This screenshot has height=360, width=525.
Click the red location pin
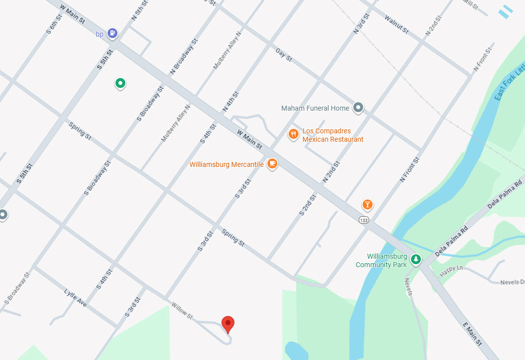click(x=227, y=324)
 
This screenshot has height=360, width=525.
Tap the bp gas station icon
click(x=113, y=33)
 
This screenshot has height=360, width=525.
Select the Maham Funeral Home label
click(x=315, y=108)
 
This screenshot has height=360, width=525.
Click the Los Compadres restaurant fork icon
click(x=293, y=134)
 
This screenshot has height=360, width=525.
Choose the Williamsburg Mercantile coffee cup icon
click(x=272, y=163)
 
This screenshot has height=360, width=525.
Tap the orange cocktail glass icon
click(x=367, y=204)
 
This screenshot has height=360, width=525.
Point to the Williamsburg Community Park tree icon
click(x=416, y=259)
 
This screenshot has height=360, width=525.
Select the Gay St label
click(x=284, y=55)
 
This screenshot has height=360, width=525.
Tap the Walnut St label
click(x=396, y=25)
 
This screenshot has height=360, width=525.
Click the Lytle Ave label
click(x=75, y=298)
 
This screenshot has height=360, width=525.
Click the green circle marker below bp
click(x=120, y=83)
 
